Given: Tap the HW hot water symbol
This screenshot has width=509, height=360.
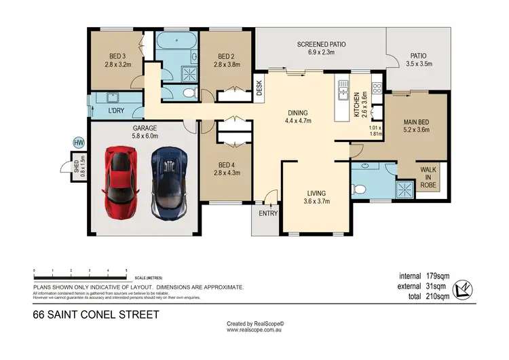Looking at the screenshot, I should (78, 142).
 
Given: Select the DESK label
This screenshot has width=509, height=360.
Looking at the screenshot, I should (259, 86).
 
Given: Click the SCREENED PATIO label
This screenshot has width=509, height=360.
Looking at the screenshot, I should (322, 45).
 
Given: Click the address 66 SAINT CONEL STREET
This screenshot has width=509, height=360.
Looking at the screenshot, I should (96, 314).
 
